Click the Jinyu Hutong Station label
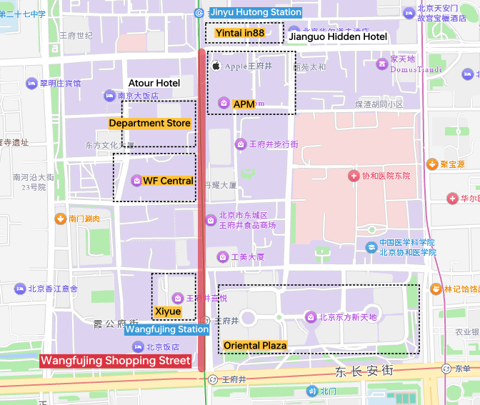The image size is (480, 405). pos(255,12)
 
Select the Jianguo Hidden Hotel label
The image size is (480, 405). pos(338,36)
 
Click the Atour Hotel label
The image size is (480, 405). pos(154,83)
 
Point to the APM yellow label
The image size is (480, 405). pos(244,104)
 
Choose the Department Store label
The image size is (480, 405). pos(150,123)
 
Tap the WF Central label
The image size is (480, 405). pos(168,181)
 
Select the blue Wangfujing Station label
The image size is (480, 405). pos(167,329)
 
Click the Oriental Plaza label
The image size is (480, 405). pos(255,345)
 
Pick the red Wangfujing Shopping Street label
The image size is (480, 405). pos(116,361)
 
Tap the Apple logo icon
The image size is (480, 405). pos(216,66)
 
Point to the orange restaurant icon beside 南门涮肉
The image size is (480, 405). pos(61,219)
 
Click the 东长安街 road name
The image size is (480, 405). pos(364,371)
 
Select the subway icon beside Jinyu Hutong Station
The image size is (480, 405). pos(199,13)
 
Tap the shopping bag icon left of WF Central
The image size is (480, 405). pos(136,181)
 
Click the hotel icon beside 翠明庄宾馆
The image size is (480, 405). pos(31,84)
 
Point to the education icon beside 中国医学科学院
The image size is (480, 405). pos(371,247)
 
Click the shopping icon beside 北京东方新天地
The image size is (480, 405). pos(311,316)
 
